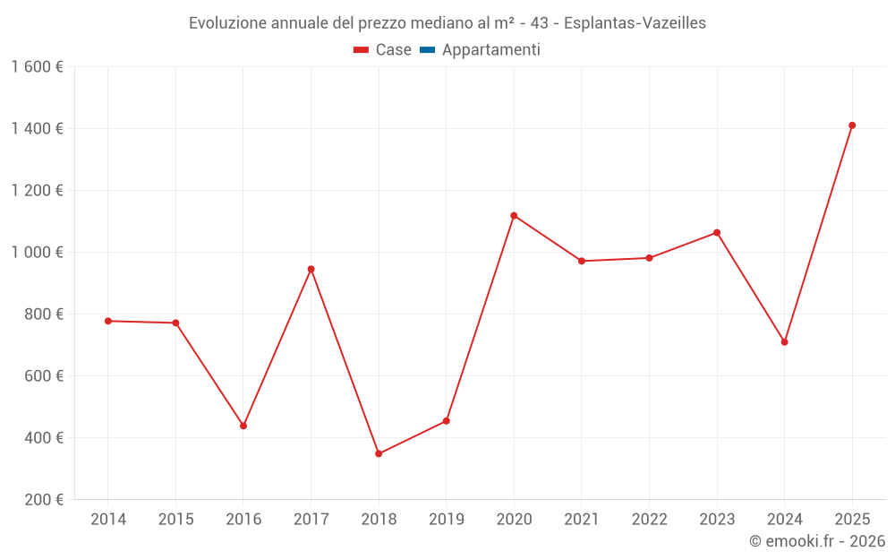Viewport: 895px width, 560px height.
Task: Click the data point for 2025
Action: pyautogui.click(x=852, y=125)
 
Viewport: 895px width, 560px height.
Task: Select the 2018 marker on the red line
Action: pyautogui.click(x=379, y=453)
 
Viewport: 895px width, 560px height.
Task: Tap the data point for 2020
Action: pyautogui.click(x=514, y=216)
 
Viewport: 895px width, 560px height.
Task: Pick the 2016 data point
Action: pyautogui.click(x=243, y=426)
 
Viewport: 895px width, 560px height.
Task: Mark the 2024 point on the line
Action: pyautogui.click(x=784, y=342)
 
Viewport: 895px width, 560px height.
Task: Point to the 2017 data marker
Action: pyautogui.click(x=311, y=269)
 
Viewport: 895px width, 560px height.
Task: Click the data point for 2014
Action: pyautogui.click(x=108, y=321)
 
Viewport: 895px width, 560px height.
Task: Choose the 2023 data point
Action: pyautogui.click(x=717, y=233)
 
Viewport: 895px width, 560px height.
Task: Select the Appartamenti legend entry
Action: pyautogui.click(x=490, y=50)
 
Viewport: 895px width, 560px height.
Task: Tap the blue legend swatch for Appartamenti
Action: pyautogui.click(x=427, y=50)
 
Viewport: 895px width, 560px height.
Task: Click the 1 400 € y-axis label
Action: pyautogui.click(x=38, y=129)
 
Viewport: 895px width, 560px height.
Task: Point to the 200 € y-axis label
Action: pyautogui.click(x=45, y=500)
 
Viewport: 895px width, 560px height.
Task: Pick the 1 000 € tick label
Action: pyautogui.click(x=38, y=253)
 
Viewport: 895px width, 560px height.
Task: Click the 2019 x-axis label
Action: pyautogui.click(x=446, y=520)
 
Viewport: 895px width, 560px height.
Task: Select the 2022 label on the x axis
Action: pyautogui.click(x=649, y=520)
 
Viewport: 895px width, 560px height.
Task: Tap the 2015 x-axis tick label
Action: pyautogui.click(x=175, y=520)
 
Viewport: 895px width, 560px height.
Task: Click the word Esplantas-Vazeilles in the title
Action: pyautogui.click(x=635, y=23)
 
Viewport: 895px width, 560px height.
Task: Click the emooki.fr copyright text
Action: pyautogui.click(x=817, y=541)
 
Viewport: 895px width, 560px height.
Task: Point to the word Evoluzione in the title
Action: pyautogui.click(x=225, y=23)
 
